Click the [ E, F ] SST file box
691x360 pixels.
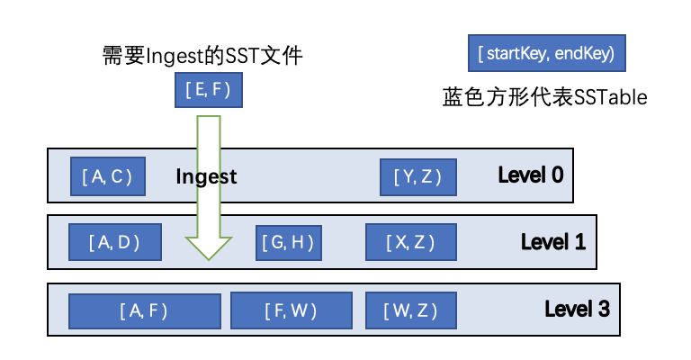(x=209, y=89)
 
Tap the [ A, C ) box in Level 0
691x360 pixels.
(x=108, y=176)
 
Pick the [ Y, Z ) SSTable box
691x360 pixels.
(x=417, y=176)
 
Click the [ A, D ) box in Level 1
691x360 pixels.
(x=114, y=242)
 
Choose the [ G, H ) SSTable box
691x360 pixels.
(x=288, y=242)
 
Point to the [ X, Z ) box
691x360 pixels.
(x=411, y=242)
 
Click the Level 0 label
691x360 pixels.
(x=531, y=175)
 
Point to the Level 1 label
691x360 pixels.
(x=553, y=242)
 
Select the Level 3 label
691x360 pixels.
(x=577, y=310)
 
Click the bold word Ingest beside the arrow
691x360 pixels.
(x=206, y=177)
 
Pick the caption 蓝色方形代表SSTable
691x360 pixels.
(x=544, y=96)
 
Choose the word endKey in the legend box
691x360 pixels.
(x=584, y=53)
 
